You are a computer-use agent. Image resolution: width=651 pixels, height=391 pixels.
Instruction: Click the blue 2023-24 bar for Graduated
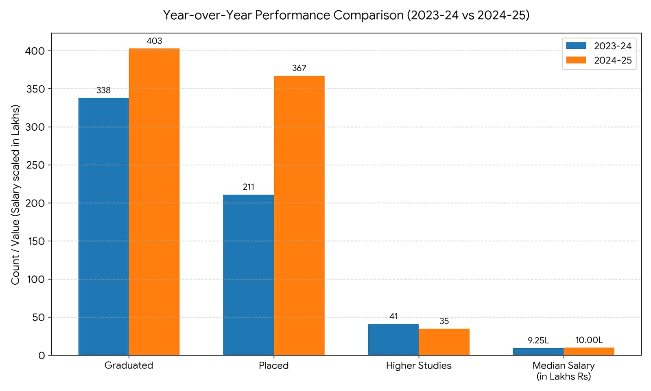pos(104,226)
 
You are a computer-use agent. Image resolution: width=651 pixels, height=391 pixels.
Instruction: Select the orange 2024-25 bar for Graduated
pos(154,202)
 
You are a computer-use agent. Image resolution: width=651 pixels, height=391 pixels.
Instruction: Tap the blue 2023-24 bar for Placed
pos(249,275)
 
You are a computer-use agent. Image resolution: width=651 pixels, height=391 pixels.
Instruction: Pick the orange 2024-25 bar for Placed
pos(299,215)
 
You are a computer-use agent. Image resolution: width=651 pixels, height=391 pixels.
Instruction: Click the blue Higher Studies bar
pos(393,340)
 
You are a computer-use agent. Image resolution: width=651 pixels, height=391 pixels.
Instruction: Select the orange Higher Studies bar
pos(444,342)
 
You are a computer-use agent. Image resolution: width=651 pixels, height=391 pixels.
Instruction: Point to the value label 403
pos(154,41)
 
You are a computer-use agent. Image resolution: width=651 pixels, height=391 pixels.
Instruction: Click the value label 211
pos(249,187)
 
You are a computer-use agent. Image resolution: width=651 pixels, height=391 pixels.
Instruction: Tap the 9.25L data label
pos(538,340)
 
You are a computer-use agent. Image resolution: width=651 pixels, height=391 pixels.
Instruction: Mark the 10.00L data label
pos(589,340)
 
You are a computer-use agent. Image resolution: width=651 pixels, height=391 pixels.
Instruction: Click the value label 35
pos(444,321)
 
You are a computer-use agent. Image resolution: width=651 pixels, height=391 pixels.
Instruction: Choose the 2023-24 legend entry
pos(599,46)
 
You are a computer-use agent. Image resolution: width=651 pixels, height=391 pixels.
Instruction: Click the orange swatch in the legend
pos(576,60)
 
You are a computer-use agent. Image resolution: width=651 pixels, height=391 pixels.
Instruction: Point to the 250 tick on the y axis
pos(35,165)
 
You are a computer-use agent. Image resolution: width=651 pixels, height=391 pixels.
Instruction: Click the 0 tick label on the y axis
pos(42,356)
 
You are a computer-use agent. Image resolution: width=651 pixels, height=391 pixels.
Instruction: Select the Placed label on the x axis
pos(274,365)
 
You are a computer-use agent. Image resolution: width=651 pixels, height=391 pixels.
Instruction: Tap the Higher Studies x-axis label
pos(419,365)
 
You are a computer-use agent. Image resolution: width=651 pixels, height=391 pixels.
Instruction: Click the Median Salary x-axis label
pos(564,371)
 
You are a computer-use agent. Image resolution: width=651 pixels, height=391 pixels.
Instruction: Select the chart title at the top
pos(346,15)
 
